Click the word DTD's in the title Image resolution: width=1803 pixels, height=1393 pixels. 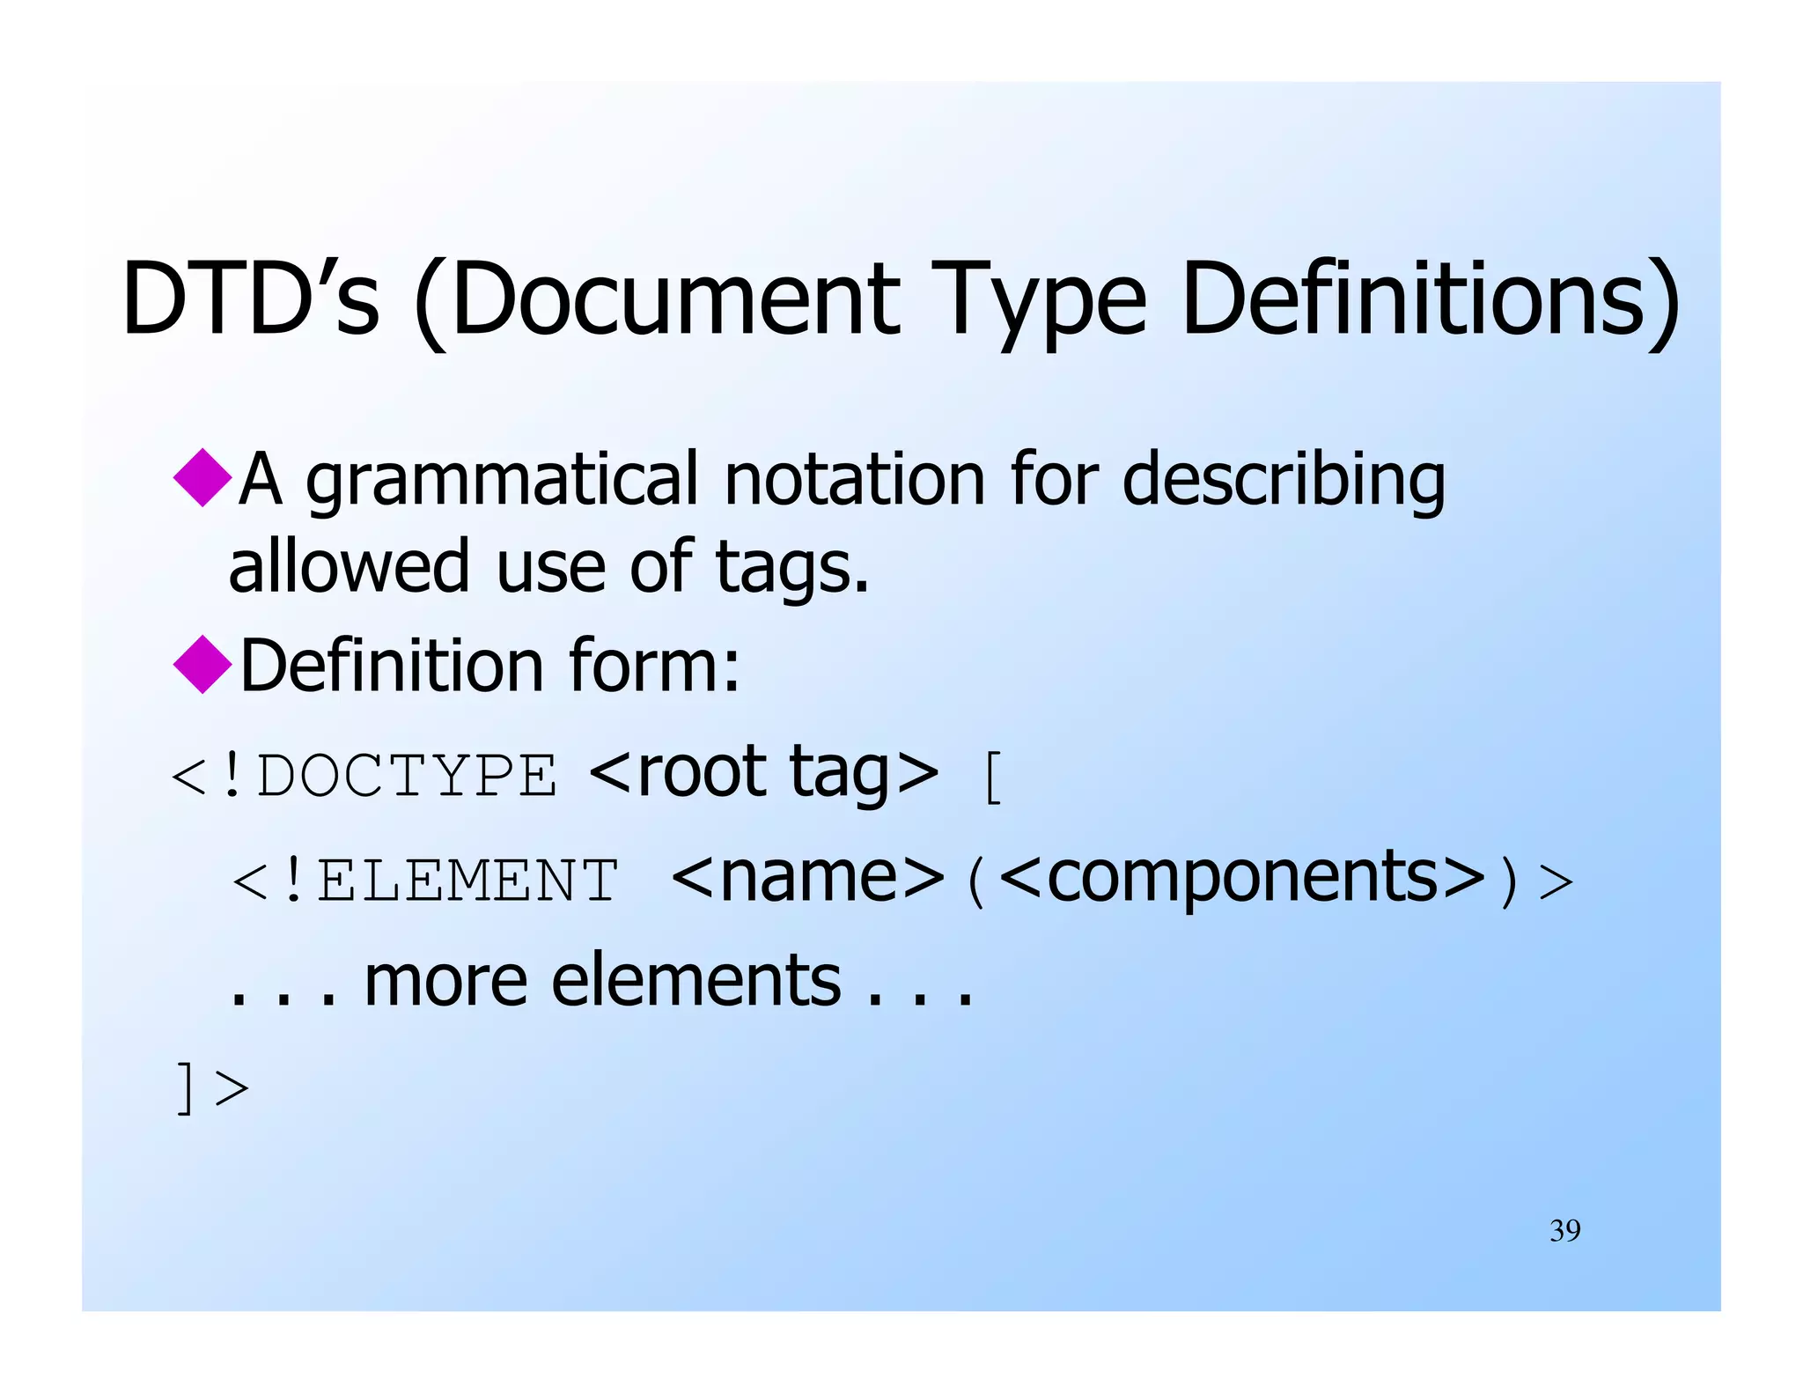coord(251,299)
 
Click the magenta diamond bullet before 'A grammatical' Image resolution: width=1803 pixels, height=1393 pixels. coord(203,477)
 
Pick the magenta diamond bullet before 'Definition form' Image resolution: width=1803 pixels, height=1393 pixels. coord(203,664)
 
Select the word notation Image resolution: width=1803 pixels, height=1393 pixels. coord(854,480)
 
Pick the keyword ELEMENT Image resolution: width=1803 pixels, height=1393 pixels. coord(467,881)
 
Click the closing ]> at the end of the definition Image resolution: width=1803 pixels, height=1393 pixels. coord(212,1088)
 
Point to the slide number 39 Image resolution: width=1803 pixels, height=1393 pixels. coord(1564,1230)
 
